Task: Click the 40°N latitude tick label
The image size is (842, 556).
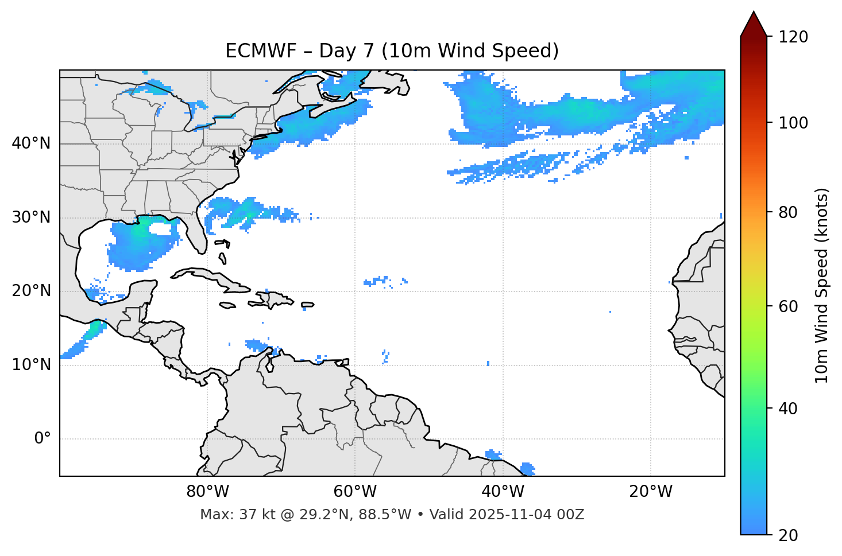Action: [31, 143]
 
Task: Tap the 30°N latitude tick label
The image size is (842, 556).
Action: [31, 217]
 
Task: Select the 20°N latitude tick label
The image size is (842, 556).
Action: [31, 291]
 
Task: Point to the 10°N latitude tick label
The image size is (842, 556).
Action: [31, 365]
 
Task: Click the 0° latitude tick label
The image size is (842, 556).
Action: [43, 439]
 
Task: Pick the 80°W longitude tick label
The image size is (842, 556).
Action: [207, 492]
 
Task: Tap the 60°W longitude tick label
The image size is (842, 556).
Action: [355, 492]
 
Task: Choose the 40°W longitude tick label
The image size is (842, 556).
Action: [503, 492]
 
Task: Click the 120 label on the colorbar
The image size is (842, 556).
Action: [793, 37]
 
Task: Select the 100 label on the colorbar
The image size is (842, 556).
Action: [793, 123]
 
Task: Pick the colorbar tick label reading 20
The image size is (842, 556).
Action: [789, 535]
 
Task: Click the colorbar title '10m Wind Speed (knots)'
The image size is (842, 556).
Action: [821, 286]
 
